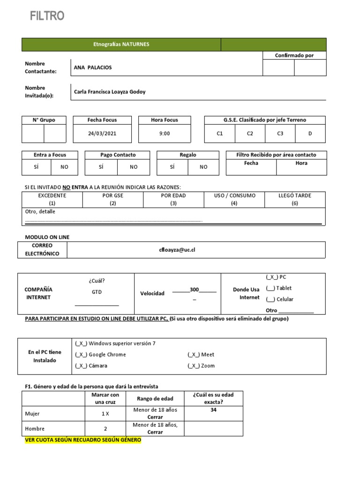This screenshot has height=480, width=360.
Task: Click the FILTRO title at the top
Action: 47,16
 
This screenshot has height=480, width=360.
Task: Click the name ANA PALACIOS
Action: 93,67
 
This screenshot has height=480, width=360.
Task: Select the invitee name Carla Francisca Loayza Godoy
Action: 110,92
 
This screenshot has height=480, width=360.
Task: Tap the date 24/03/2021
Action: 102,134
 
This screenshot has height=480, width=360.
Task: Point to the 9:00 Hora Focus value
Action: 165,134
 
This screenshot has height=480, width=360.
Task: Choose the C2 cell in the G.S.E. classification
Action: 250,134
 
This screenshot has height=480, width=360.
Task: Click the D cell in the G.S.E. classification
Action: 310,134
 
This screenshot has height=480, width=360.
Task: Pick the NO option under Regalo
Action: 203,167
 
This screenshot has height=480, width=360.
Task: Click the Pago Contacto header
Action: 118,155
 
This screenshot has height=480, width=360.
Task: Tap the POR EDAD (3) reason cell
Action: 173,199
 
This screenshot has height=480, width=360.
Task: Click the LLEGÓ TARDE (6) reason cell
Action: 294,199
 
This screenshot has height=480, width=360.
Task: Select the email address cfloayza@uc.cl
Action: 177,250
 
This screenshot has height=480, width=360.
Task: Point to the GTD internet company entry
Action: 97,292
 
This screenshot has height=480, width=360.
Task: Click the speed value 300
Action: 194,290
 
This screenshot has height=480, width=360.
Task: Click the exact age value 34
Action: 213,410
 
